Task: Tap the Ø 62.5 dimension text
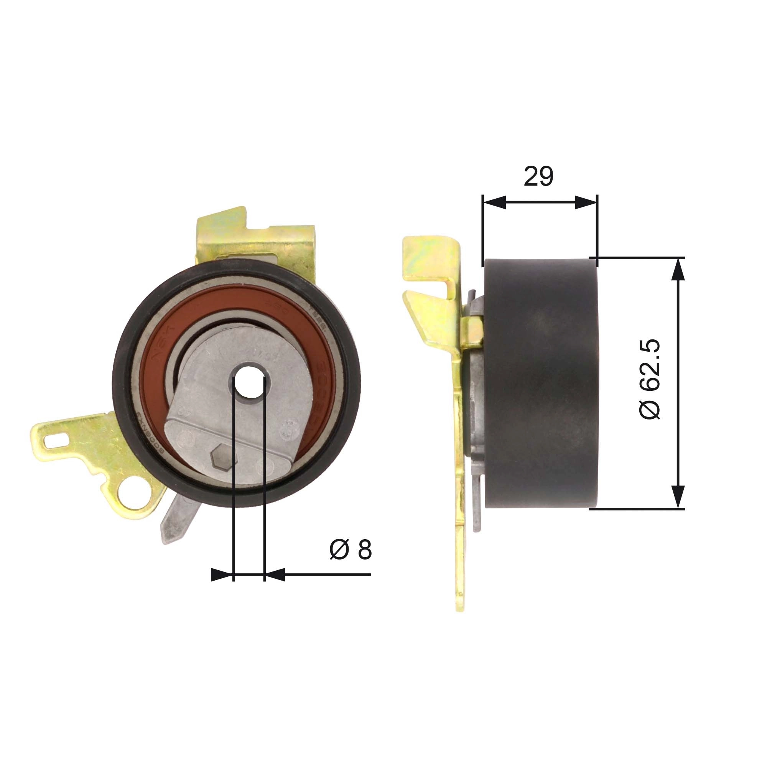pos(650,379)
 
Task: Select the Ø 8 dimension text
pos(351,550)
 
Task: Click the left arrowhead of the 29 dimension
pos(494,202)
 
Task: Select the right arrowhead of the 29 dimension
pos(586,202)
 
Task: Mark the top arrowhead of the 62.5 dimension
pos(679,270)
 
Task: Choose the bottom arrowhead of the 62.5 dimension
pos(679,496)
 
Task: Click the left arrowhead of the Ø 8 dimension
pos(221,574)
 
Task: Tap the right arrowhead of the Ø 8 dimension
pos(275,574)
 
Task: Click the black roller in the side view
pos(540,383)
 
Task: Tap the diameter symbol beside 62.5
pos(650,409)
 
